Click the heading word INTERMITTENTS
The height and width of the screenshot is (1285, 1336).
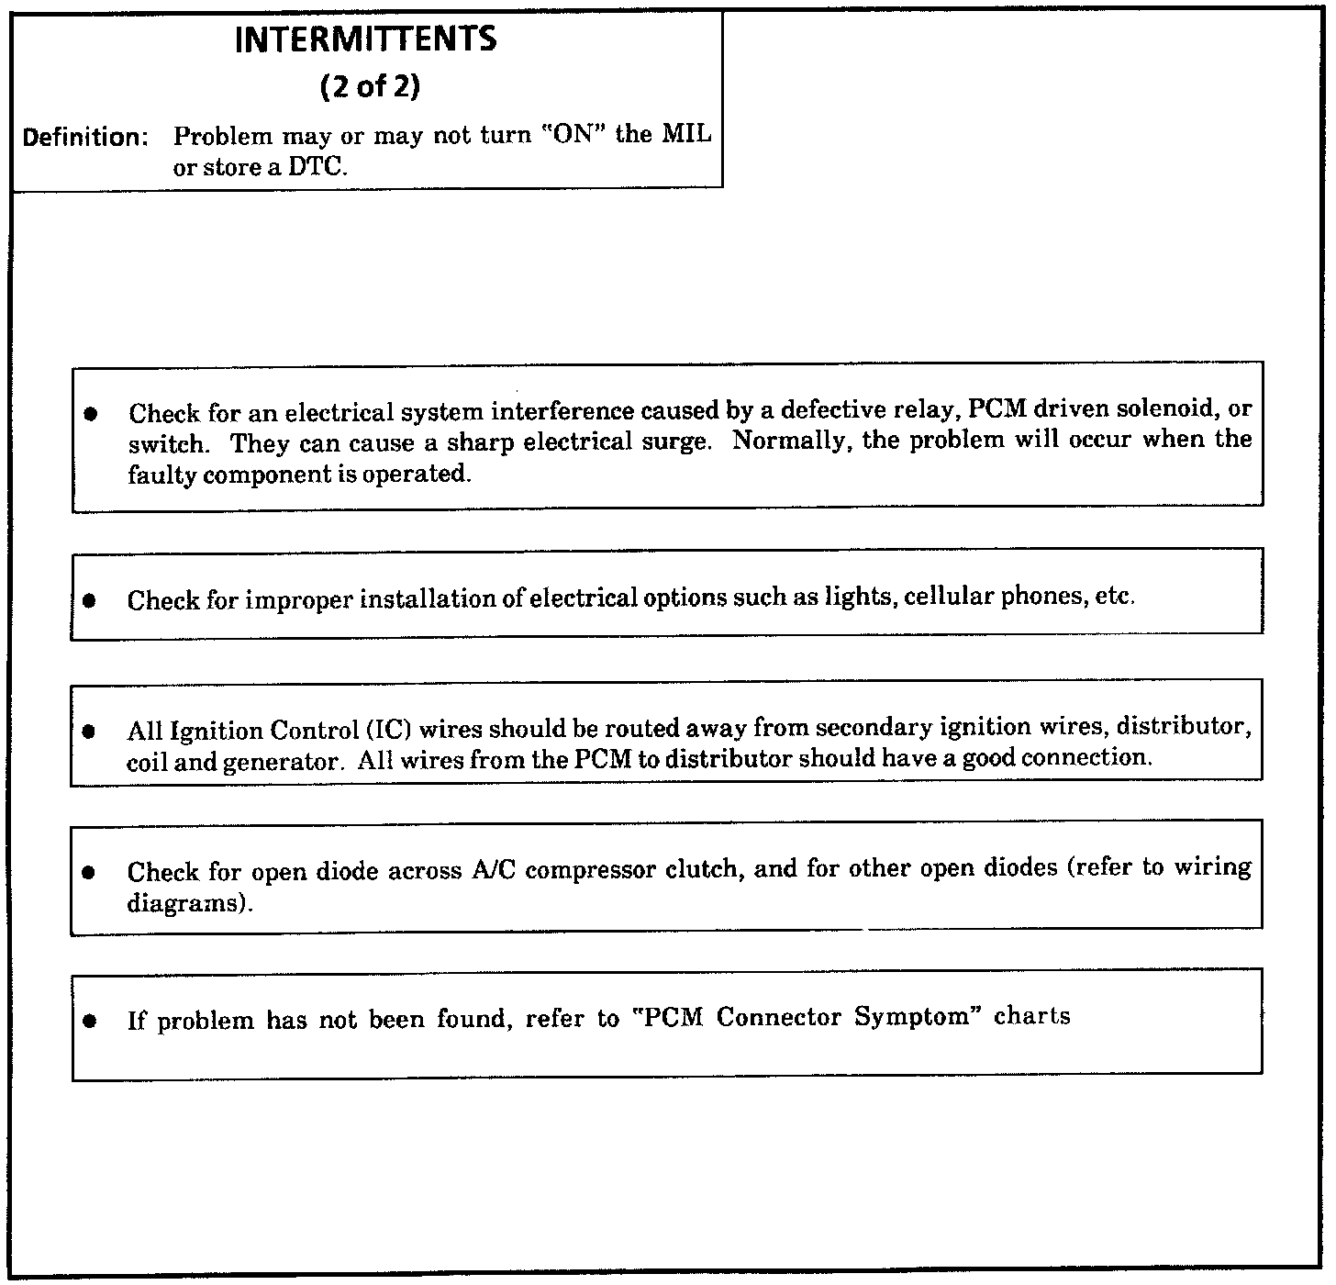(366, 39)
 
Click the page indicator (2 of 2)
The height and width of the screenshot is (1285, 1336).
(370, 87)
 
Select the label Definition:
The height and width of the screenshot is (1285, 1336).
(85, 138)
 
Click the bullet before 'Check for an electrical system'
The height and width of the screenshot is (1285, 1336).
(90, 414)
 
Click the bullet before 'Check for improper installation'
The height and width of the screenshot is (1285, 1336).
(89, 601)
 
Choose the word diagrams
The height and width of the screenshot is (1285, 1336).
(188, 903)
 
